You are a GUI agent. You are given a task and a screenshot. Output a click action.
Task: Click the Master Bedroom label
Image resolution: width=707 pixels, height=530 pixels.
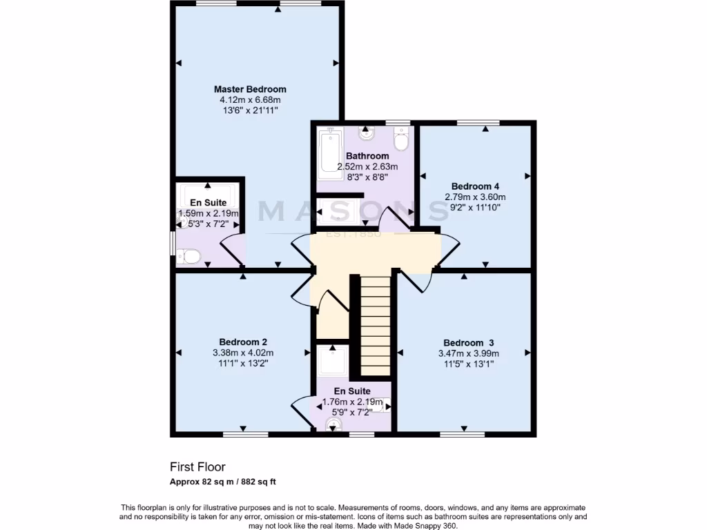click(250, 89)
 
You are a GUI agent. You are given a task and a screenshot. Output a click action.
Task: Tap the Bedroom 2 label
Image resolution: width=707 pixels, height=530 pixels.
click(243, 342)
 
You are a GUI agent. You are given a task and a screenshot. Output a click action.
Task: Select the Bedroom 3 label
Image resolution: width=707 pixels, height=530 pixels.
click(468, 343)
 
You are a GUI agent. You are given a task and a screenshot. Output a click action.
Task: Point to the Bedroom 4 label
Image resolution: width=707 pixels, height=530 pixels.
click(475, 186)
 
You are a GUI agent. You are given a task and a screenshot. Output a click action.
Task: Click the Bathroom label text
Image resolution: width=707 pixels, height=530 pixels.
click(367, 156)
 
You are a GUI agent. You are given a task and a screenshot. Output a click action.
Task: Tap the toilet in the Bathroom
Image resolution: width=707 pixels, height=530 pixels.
click(400, 141)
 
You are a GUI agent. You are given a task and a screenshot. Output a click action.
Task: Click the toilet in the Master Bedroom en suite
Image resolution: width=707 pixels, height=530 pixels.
click(188, 257)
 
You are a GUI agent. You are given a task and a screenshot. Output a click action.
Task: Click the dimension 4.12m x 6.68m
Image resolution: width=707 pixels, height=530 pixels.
click(250, 100)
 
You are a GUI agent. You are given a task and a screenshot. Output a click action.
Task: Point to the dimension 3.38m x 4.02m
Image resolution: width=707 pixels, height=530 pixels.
click(243, 353)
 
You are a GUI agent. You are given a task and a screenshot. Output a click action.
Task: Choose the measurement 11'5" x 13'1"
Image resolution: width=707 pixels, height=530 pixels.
click(468, 364)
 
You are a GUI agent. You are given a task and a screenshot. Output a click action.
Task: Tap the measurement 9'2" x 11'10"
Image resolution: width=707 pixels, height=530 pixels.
click(475, 206)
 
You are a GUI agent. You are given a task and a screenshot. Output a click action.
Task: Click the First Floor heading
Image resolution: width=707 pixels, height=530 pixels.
click(197, 467)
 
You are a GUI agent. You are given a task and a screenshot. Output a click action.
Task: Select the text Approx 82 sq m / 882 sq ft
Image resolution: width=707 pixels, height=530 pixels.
click(224, 482)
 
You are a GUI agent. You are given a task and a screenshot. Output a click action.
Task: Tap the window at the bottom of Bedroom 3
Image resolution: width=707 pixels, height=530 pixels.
click(463, 435)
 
